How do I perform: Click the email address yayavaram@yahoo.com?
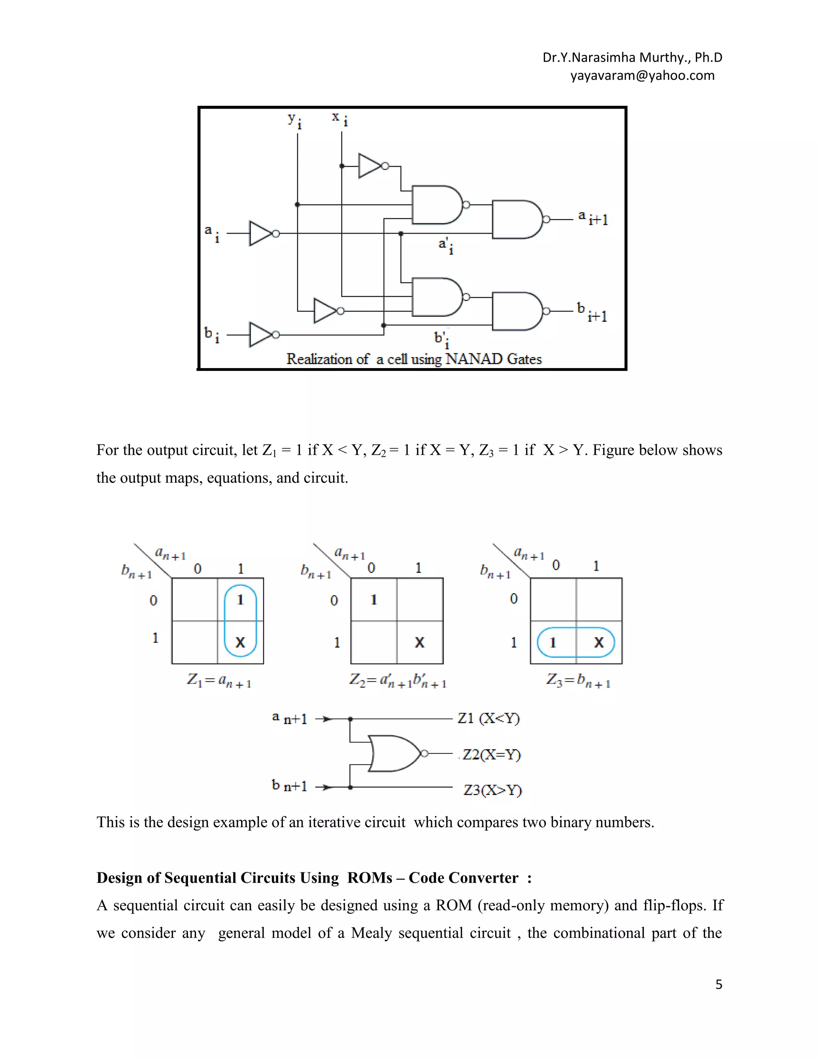coord(642,76)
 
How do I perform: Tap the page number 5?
coord(719,984)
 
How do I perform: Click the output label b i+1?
coord(592,312)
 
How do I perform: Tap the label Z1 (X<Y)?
coord(488,718)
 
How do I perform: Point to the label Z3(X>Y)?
coord(492,790)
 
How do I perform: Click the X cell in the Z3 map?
coord(599,643)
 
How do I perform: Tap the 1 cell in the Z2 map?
coord(374,600)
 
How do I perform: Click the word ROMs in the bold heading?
coord(369,878)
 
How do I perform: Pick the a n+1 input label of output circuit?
coord(290,718)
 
